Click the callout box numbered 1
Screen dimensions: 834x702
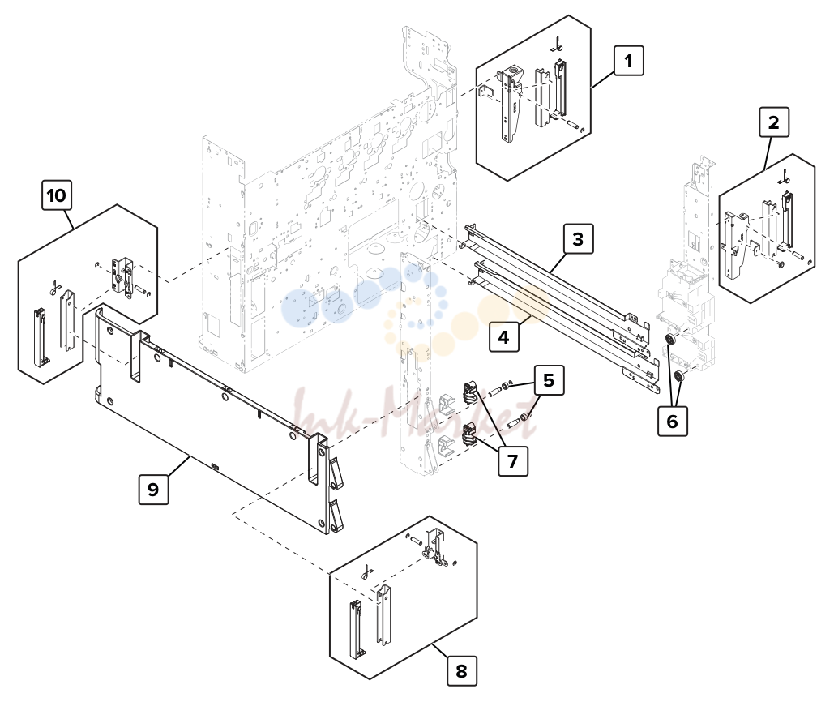629,61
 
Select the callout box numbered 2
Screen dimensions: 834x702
773,122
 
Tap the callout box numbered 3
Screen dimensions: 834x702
578,239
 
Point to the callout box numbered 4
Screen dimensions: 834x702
503,337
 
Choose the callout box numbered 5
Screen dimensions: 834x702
549,380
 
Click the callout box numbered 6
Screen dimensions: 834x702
673,422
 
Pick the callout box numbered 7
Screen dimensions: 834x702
513,460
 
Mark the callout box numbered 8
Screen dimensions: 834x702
461,671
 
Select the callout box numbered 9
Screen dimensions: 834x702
153,490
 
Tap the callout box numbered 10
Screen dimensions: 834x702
57,195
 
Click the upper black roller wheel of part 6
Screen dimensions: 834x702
670,340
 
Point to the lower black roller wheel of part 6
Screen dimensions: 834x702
678,377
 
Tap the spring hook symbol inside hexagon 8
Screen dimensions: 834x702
366,572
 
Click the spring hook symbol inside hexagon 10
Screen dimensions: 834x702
53,288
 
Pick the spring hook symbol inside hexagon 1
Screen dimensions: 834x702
556,44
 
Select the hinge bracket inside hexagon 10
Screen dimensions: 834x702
122,275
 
